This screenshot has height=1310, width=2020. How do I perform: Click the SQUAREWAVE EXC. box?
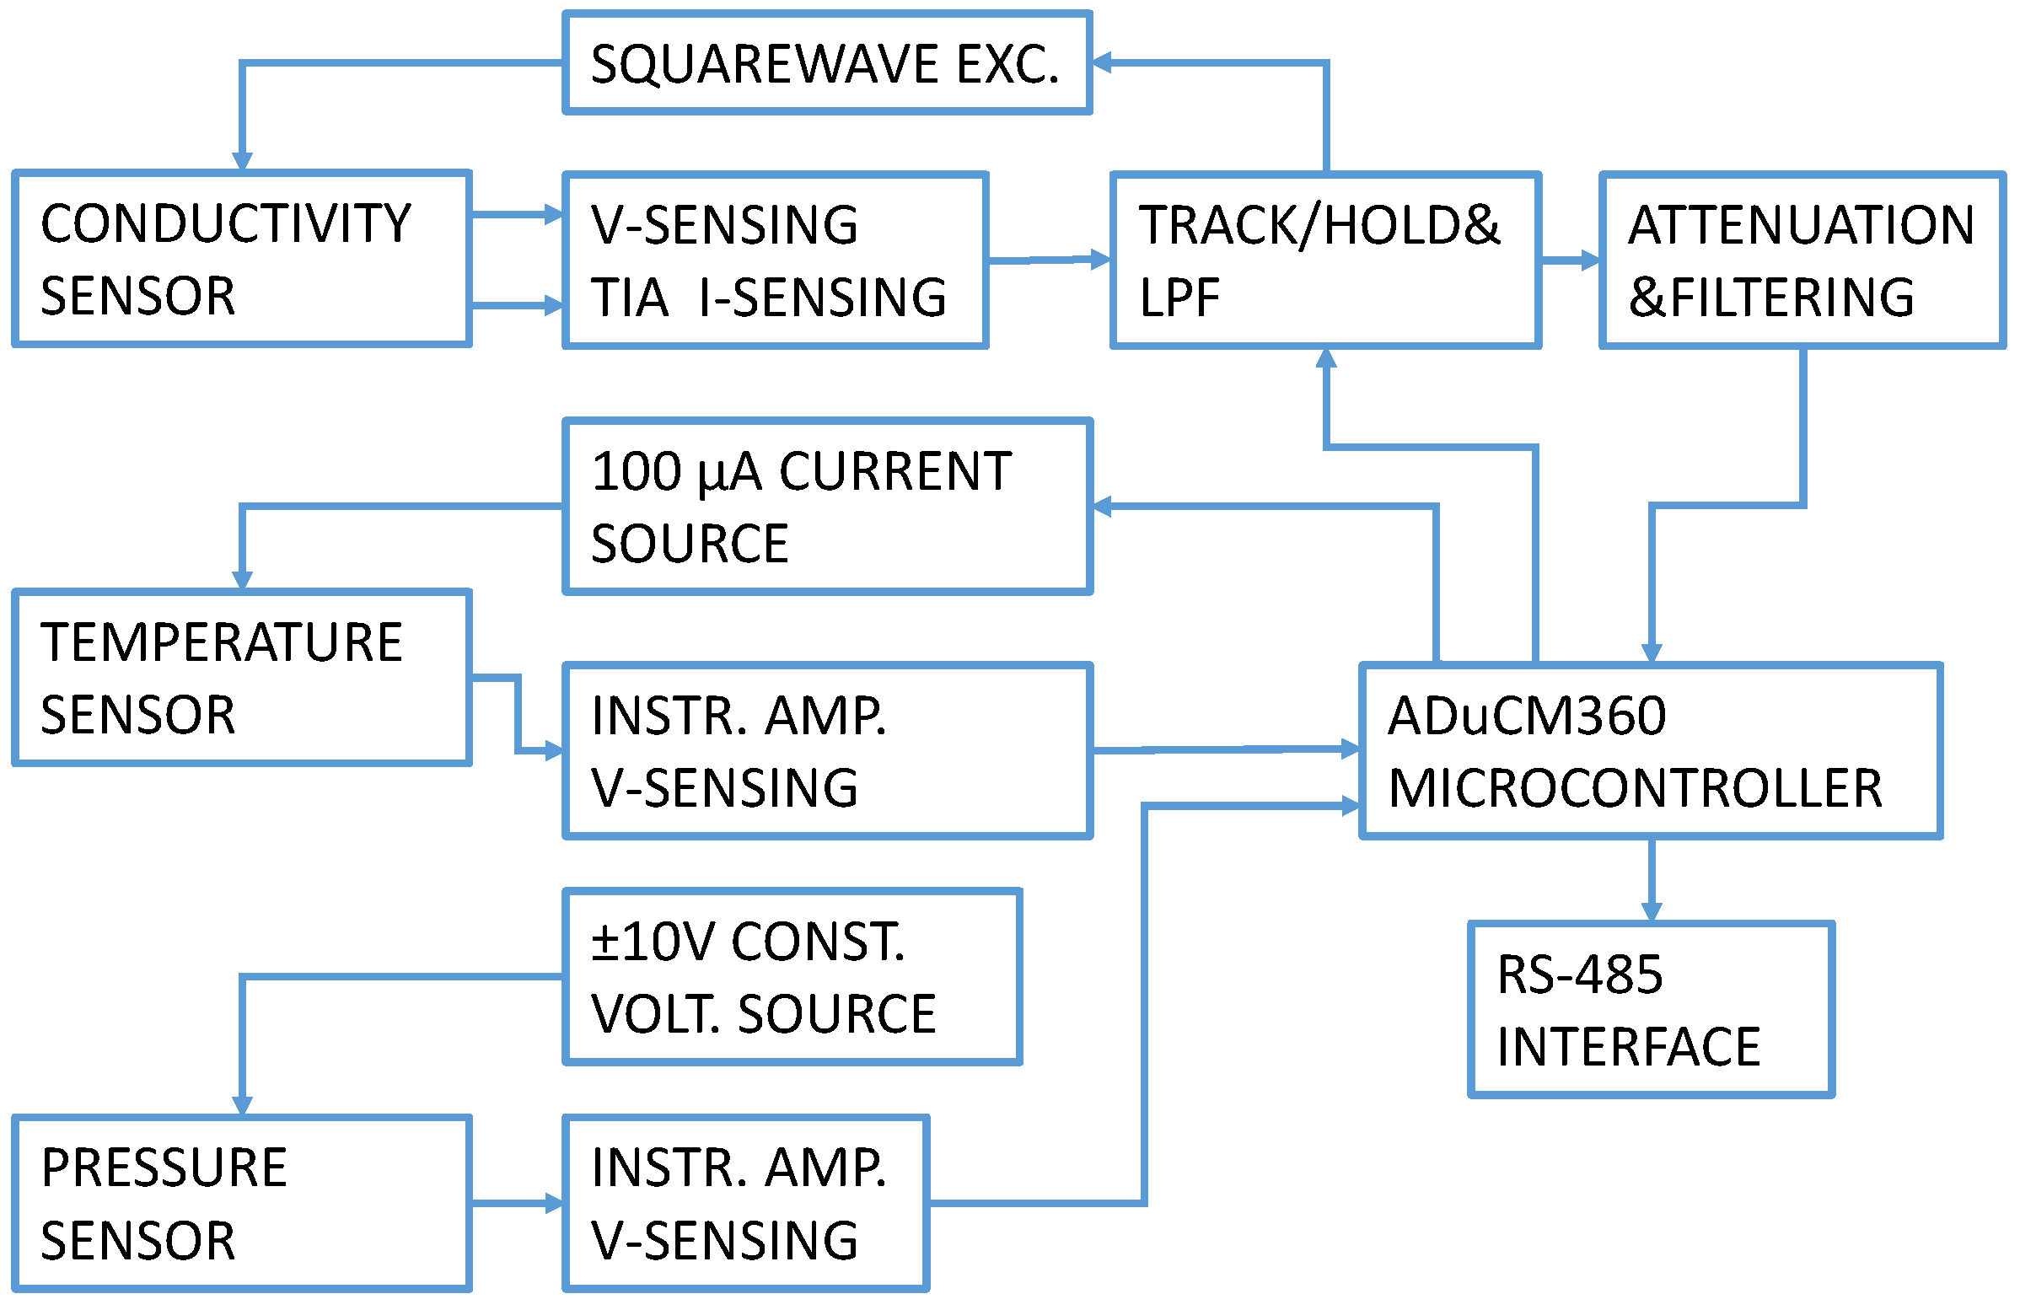[826, 62]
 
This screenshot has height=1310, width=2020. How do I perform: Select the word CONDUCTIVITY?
[226, 224]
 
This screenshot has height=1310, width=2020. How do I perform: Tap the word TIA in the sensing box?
[629, 298]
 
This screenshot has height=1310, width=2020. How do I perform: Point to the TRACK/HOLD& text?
[1318, 225]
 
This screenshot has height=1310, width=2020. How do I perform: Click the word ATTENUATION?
[1800, 225]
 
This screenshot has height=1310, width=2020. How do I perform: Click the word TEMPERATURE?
[222, 642]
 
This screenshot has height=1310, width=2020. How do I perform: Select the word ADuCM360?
[1526, 715]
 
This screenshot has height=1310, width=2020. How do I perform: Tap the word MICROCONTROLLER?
[1635, 788]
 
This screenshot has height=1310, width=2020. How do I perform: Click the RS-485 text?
[1579, 974]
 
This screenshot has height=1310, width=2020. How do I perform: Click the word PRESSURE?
[164, 1168]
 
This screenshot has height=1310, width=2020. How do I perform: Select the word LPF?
[1179, 298]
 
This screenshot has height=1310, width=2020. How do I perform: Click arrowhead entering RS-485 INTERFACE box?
[1651, 912]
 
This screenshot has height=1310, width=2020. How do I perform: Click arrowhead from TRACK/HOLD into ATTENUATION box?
[1590, 260]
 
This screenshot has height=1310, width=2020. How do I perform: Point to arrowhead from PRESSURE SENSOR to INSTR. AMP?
[553, 1203]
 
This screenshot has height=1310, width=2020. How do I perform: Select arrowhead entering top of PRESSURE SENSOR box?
[242, 1105]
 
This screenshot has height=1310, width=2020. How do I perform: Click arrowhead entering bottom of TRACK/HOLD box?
[1326, 359]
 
